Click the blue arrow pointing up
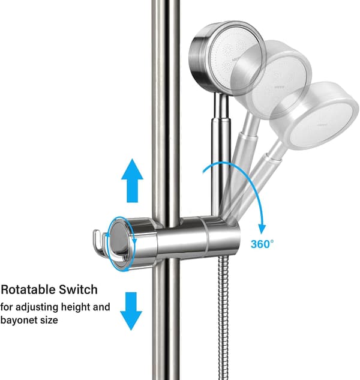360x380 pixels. point(132,181)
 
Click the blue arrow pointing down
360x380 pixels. point(131,311)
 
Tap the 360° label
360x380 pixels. point(262,244)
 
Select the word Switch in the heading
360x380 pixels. point(78,289)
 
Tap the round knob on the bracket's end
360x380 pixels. point(119,243)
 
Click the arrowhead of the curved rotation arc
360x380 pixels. point(262,229)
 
